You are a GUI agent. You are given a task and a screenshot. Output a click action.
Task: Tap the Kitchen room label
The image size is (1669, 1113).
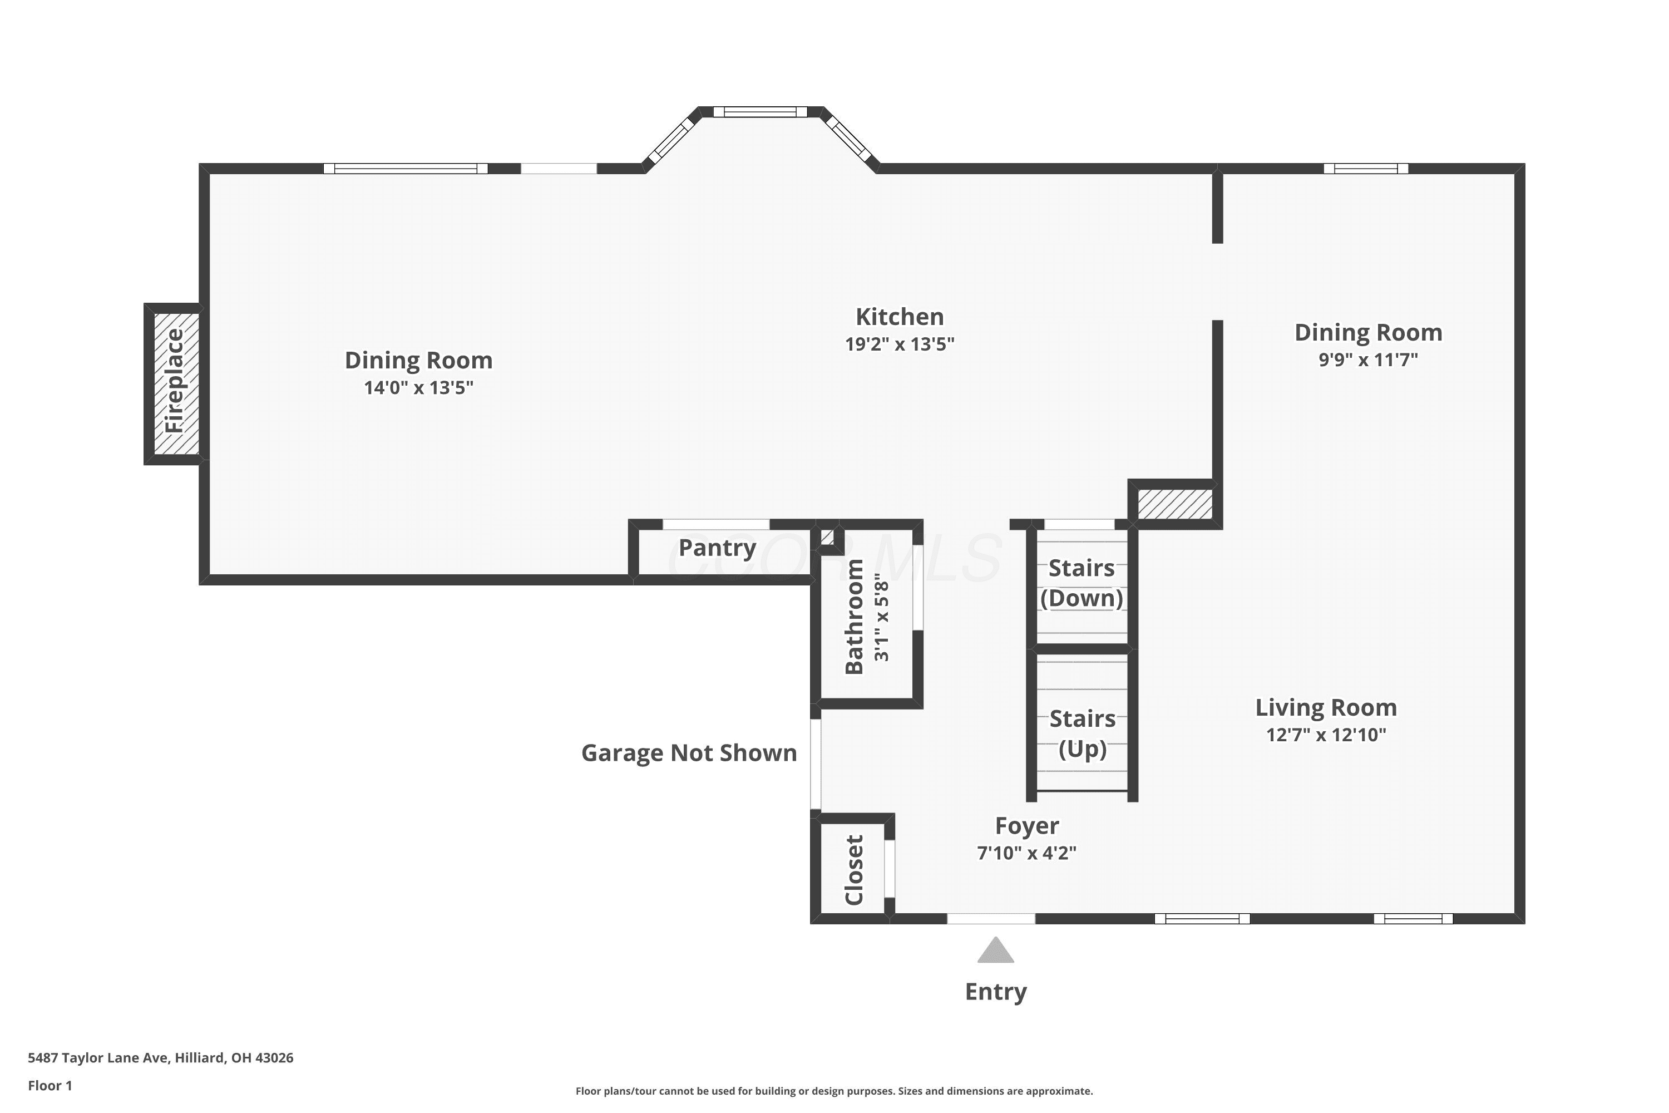click(x=899, y=317)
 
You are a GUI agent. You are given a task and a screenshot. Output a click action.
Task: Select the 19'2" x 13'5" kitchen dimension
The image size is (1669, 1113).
click(x=899, y=344)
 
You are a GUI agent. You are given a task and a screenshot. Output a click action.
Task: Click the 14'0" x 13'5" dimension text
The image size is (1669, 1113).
click(x=419, y=387)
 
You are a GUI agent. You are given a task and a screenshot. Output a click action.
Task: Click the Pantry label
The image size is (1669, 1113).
click(x=718, y=548)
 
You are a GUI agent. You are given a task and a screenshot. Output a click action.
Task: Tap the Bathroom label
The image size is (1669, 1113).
click(x=855, y=617)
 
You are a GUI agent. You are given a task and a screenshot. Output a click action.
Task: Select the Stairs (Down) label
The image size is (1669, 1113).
click(x=1082, y=583)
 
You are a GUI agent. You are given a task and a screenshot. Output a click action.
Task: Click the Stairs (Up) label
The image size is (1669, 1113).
click(x=1082, y=733)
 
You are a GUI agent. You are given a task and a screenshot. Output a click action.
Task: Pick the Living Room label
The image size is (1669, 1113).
click(x=1326, y=708)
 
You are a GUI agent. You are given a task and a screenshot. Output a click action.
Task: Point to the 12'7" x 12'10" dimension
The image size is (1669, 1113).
click(x=1326, y=735)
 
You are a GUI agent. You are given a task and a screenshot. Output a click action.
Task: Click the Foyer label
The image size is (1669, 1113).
click(x=1027, y=825)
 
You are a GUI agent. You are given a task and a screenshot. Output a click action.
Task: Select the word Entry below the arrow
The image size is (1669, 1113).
click(x=996, y=992)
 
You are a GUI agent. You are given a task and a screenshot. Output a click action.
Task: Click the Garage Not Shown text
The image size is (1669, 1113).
click(x=689, y=753)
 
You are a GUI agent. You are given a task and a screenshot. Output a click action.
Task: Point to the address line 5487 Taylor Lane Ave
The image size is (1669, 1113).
click(x=160, y=1058)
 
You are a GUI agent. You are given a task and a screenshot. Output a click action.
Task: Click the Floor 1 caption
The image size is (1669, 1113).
click(x=50, y=1085)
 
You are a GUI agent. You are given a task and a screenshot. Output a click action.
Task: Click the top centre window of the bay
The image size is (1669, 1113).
click(x=760, y=111)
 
